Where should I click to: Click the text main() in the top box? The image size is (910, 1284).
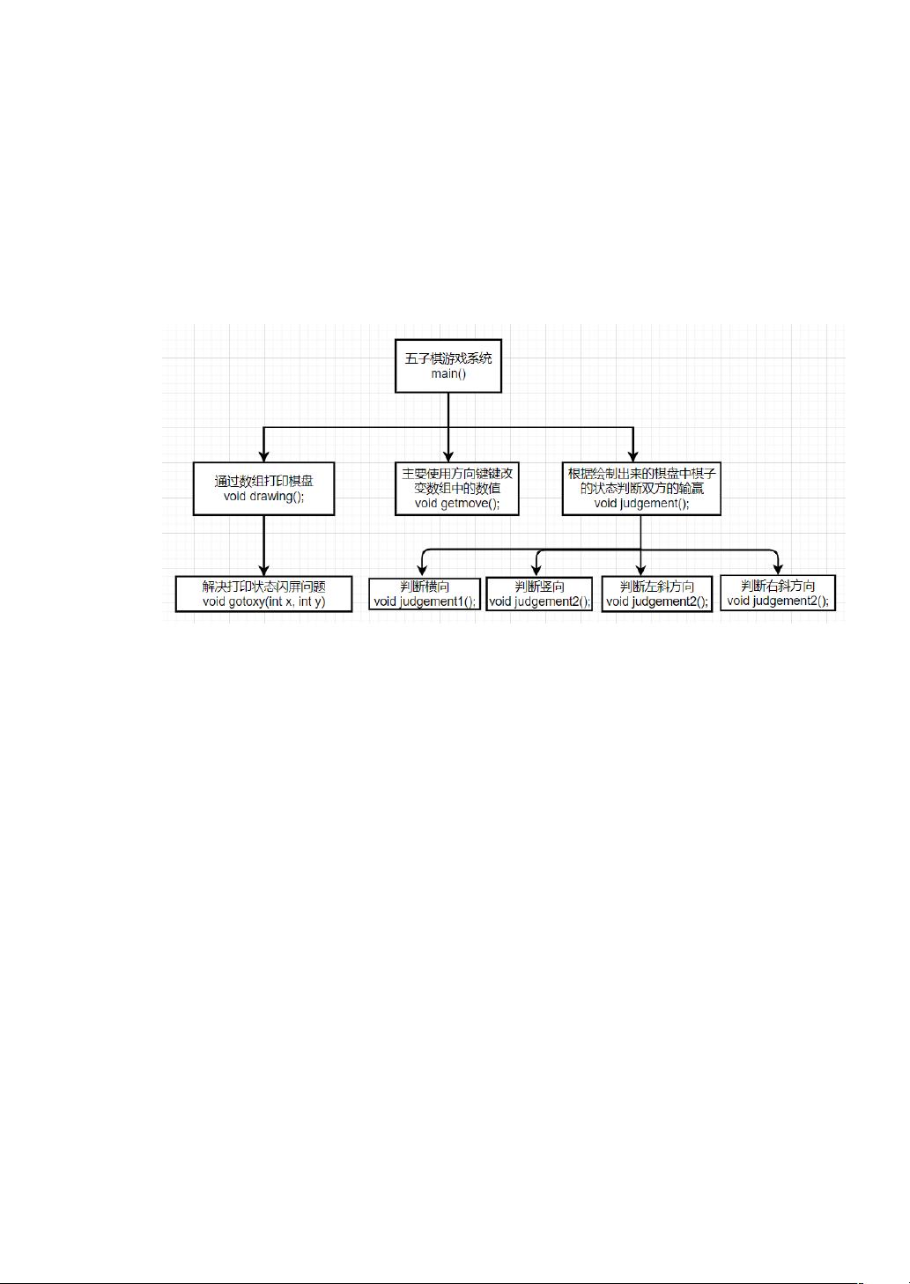448,374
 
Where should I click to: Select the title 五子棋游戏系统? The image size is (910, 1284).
448,358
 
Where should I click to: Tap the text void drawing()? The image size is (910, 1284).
263,497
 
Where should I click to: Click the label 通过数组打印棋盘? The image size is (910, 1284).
263,481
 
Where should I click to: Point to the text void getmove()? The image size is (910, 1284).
457,504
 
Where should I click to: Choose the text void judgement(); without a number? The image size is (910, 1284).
641,504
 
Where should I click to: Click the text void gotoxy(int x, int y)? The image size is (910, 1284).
263,601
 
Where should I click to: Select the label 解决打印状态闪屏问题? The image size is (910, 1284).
263,587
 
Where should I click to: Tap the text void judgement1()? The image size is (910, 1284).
425,601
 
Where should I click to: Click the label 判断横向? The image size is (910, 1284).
425,587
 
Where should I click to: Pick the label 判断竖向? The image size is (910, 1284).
540,587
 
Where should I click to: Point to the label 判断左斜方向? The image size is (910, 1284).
657,587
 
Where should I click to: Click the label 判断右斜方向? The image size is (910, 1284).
778,586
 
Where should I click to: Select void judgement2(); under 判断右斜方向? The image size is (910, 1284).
778,601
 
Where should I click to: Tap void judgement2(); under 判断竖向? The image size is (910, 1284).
540,601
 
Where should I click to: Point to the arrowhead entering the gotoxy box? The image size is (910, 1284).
263,570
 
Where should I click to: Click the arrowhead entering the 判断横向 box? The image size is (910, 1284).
422,570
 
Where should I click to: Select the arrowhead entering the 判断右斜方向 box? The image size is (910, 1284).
778,569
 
